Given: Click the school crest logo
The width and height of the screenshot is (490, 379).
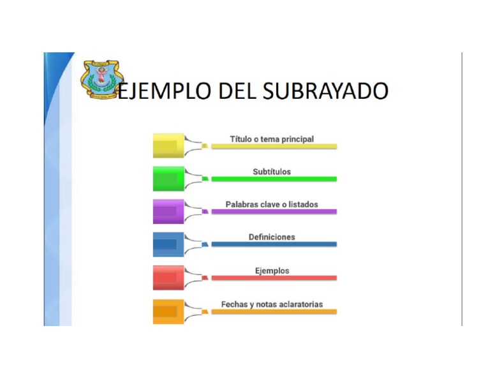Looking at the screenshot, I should tap(100, 79).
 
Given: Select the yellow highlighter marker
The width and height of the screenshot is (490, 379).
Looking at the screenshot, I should tap(170, 145).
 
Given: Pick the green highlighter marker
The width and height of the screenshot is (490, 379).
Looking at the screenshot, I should tap(170, 179).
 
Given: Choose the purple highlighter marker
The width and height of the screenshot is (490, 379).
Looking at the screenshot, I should tap(170, 211).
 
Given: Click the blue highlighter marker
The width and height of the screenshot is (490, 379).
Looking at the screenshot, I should tap(170, 244).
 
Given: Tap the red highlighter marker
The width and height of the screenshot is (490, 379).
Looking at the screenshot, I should tap(170, 278).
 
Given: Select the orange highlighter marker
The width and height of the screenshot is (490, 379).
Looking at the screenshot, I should tap(170, 311).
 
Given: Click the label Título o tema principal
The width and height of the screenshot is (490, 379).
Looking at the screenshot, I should tap(272, 138).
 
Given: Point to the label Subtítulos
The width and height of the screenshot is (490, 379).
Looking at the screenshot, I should tap(272, 172).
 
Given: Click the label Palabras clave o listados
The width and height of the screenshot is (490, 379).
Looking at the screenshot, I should tap(272, 204).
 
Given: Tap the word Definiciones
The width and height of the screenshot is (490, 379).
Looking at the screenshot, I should tap(272, 237).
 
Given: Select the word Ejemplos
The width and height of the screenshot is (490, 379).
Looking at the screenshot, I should tap(272, 271).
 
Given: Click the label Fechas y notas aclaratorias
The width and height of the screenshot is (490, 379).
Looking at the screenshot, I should tap(272, 304).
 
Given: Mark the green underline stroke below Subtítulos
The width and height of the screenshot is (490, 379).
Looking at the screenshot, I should tap(274, 179).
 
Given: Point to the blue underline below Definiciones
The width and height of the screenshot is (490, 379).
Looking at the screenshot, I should tap(274, 244).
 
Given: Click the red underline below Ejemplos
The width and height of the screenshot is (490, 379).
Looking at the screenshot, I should tap(274, 278).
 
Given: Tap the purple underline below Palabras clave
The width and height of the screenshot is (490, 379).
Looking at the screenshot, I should tap(274, 211).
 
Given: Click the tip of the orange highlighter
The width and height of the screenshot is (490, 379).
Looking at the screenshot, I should tap(205, 312).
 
